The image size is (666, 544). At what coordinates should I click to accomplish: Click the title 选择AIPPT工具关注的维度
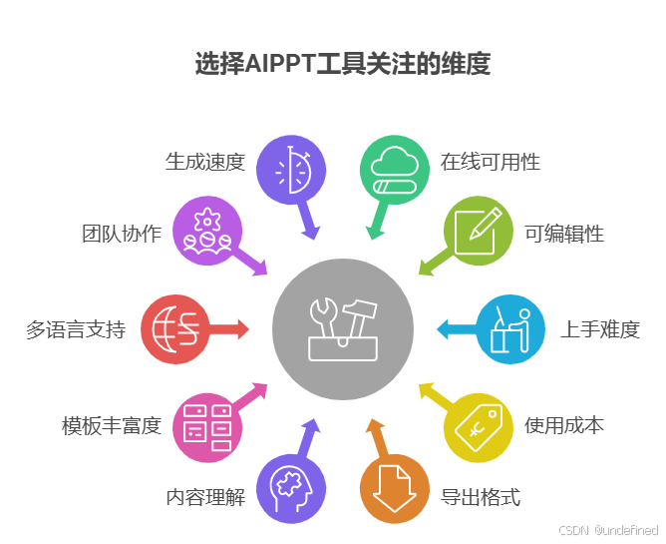click(x=342, y=66)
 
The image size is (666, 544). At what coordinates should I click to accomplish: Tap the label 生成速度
click(x=204, y=162)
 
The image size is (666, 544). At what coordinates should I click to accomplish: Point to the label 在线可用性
click(x=490, y=162)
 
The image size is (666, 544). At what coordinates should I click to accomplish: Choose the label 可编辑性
click(x=564, y=235)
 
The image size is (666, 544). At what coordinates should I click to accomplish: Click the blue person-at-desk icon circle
click(x=509, y=329)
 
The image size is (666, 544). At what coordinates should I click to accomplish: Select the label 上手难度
click(x=599, y=329)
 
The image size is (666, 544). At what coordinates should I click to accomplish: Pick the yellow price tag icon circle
click(x=478, y=427)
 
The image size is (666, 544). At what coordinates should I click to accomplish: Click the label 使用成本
click(x=564, y=425)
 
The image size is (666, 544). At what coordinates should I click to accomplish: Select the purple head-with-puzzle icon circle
click(x=292, y=489)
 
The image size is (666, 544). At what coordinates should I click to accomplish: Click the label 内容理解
click(x=204, y=497)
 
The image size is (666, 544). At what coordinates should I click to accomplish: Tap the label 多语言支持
click(x=76, y=329)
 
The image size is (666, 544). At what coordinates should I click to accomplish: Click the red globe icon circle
click(x=174, y=329)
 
